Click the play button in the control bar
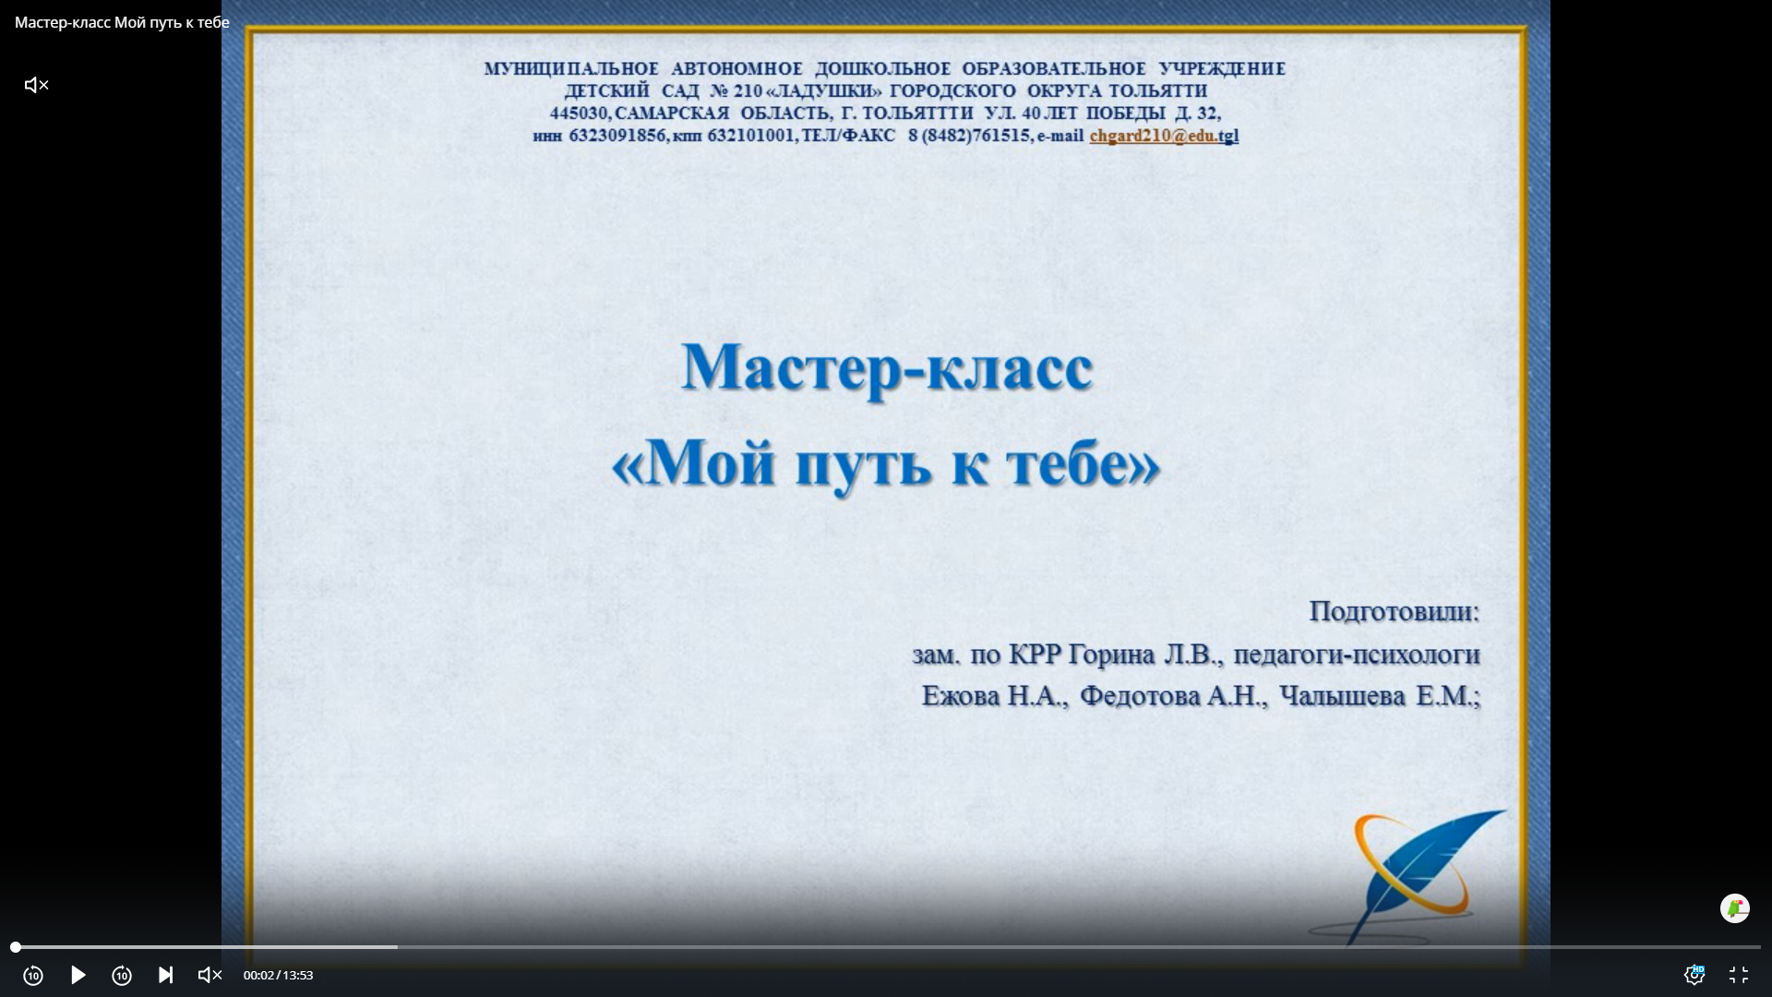(x=78, y=975)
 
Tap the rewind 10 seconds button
(x=33, y=975)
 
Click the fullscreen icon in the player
(x=1739, y=975)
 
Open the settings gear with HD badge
(x=1694, y=975)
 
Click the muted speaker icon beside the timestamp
(x=210, y=975)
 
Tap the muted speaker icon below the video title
(x=36, y=85)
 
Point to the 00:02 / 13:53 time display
(x=278, y=975)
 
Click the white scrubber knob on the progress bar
(x=16, y=947)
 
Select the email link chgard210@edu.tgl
(x=1164, y=136)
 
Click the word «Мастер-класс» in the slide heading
(x=887, y=367)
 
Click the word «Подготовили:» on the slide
(x=1395, y=611)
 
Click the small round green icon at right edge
(x=1735, y=908)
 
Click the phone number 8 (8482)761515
(x=969, y=136)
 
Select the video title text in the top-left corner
(x=122, y=22)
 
